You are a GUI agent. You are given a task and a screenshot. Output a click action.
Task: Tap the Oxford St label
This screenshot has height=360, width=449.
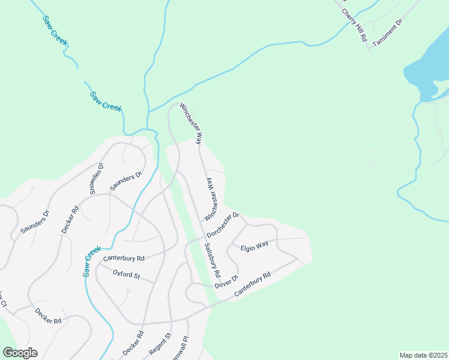[126, 275]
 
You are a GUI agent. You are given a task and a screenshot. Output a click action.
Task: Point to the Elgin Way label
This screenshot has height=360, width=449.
[255, 247]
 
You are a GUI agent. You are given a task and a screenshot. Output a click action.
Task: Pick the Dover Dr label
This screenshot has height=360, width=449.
[227, 281]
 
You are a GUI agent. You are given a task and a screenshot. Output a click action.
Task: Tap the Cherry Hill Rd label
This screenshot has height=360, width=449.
[354, 25]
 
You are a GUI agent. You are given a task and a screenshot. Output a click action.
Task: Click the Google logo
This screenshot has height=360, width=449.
[20, 353]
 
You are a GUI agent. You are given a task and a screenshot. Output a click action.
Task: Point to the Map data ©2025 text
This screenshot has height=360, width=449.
[423, 355]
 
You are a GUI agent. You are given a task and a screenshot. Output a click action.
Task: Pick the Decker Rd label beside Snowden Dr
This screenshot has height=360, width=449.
[70, 220]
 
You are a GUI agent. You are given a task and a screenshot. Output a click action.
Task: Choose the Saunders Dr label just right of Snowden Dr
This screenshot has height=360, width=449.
[125, 181]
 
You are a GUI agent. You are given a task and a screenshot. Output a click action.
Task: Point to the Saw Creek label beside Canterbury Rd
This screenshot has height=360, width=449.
[91, 262]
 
